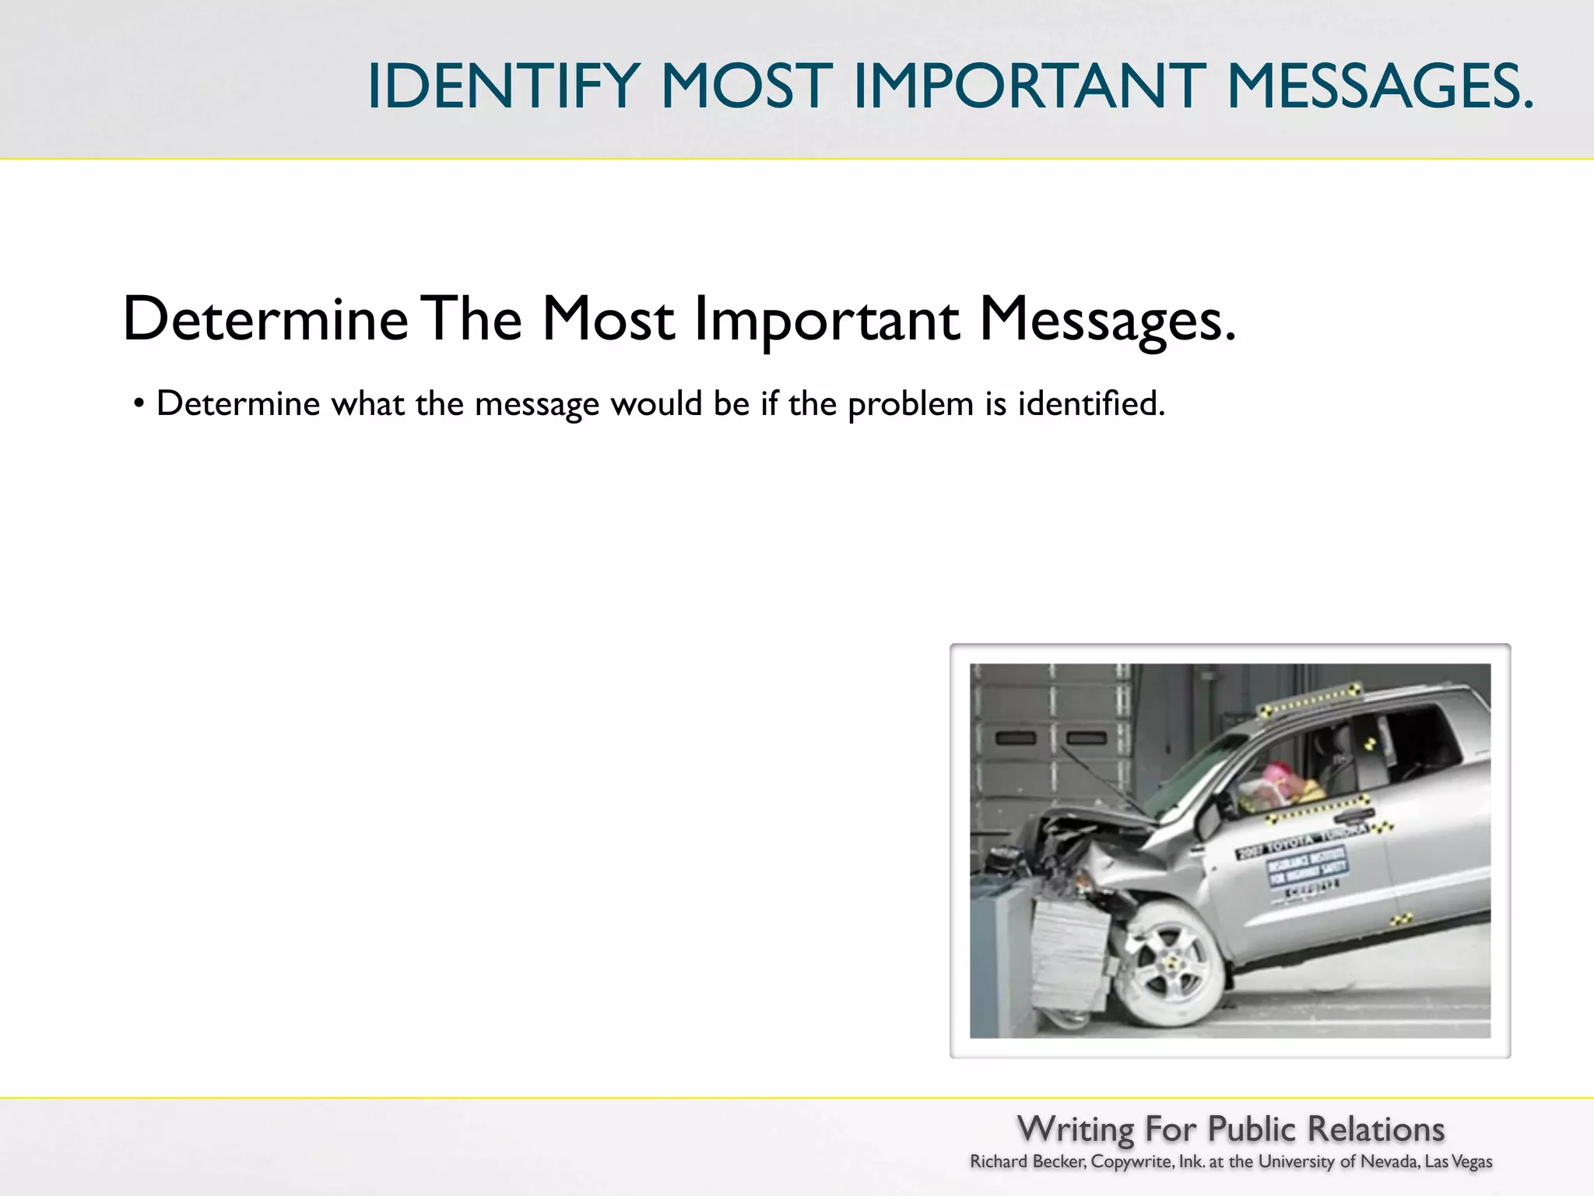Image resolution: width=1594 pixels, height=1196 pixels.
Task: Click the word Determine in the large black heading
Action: pyautogui.click(x=265, y=318)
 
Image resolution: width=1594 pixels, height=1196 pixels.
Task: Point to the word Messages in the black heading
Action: pyautogui.click(x=1107, y=320)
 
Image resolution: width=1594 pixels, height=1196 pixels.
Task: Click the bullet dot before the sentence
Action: pyautogui.click(x=139, y=404)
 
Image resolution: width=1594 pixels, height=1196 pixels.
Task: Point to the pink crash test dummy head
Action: pyautogui.click(x=1276, y=776)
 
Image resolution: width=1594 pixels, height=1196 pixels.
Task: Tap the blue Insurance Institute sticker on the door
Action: pyautogui.click(x=1308, y=866)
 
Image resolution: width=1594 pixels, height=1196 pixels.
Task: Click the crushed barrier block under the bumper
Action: pyautogui.click(x=1070, y=954)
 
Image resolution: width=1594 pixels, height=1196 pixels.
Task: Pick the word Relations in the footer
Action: pyautogui.click(x=1375, y=1129)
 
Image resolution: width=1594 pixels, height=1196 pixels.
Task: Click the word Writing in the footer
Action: pyautogui.click(x=1076, y=1129)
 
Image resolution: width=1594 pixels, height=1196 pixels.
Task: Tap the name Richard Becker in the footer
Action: pyautogui.click(x=1027, y=1162)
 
